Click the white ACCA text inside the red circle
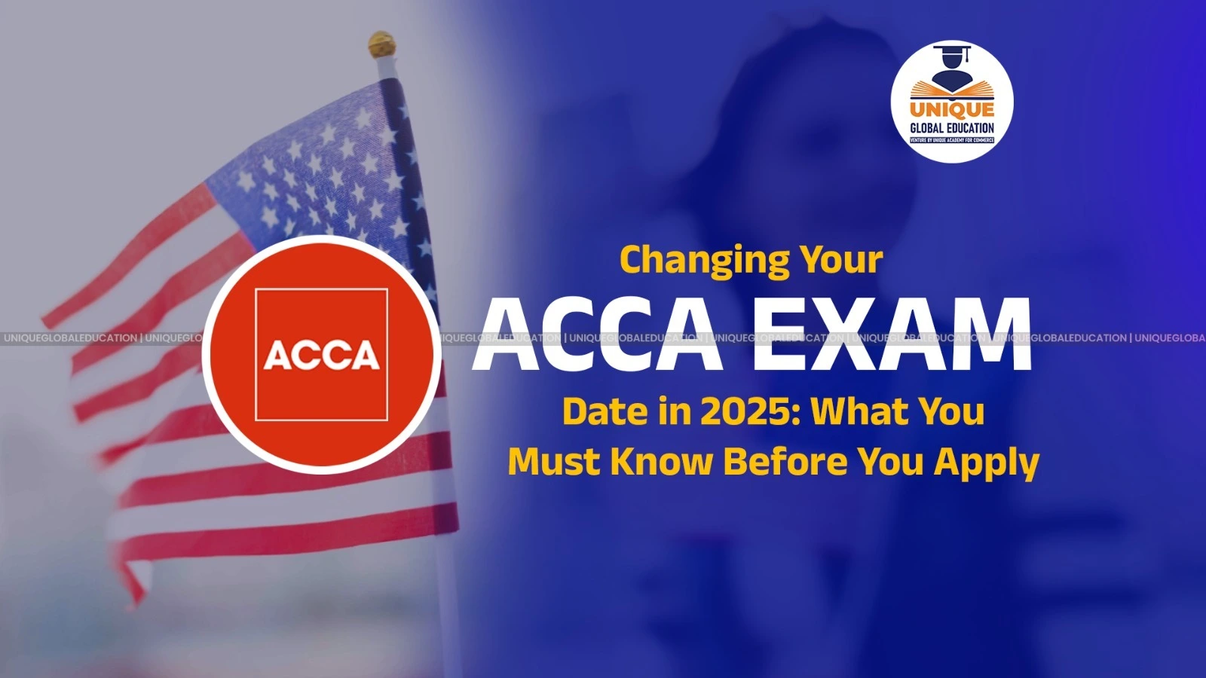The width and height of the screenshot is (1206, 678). click(x=322, y=356)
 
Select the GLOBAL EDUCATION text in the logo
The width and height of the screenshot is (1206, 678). click(x=952, y=128)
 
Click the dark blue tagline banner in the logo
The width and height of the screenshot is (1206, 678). click(x=952, y=140)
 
